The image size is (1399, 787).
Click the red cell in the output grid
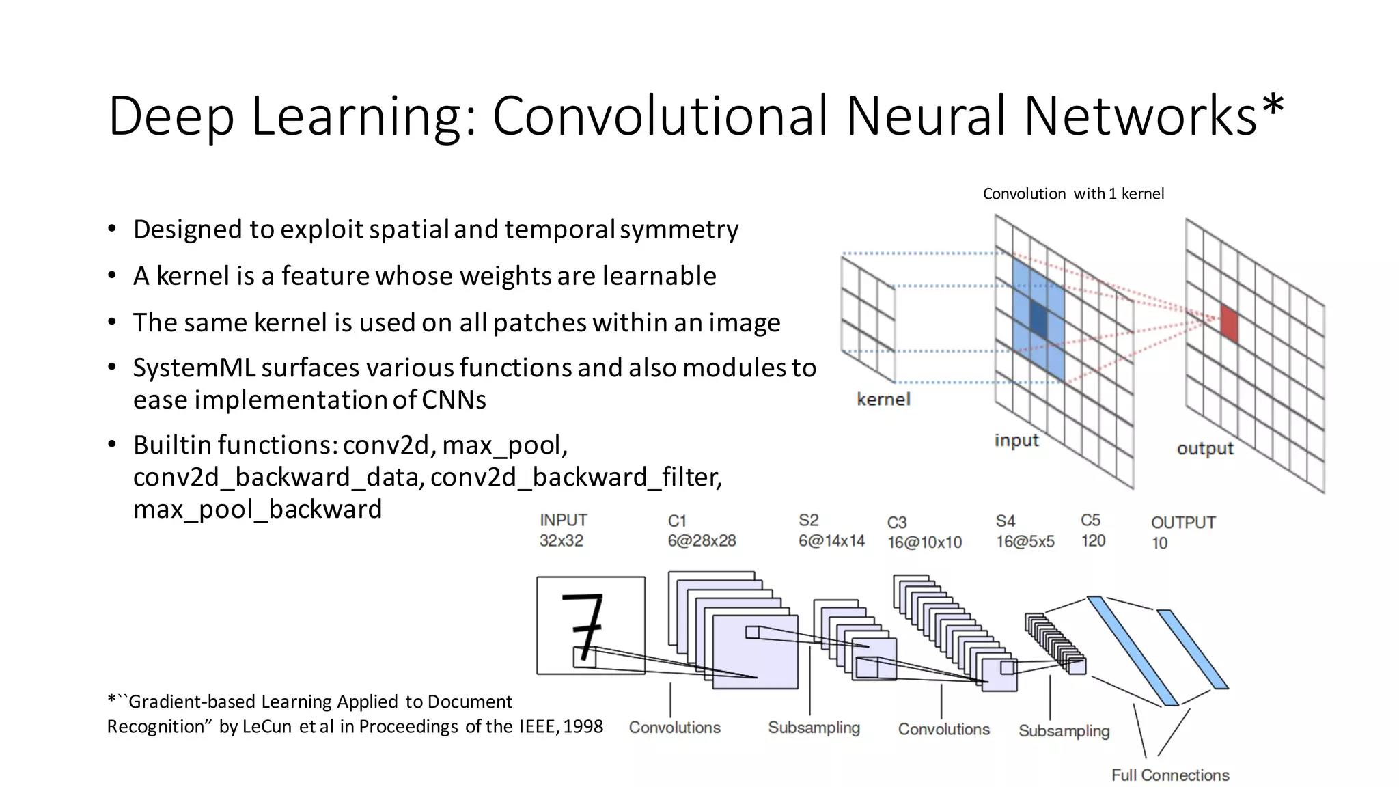[1229, 324]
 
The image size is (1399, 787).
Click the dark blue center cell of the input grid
[1038, 319]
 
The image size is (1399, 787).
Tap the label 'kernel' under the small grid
[883, 399]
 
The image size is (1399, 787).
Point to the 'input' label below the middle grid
[1016, 440]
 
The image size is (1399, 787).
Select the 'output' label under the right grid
[1205, 448]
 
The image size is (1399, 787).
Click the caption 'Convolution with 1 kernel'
[1073, 194]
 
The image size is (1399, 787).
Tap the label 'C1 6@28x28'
[702, 531]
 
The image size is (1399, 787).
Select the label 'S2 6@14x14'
[831, 531]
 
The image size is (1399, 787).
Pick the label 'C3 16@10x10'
[924, 532]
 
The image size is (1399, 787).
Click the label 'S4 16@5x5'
[1025, 531]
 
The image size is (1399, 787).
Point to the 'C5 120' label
[1093, 530]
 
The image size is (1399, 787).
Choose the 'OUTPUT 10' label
[1182, 532]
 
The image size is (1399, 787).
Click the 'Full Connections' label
[1170, 775]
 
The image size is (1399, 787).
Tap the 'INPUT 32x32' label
[563, 530]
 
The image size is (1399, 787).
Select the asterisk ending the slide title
[1273, 106]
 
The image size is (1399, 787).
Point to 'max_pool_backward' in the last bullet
[258, 510]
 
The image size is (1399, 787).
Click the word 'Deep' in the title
[171, 116]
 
